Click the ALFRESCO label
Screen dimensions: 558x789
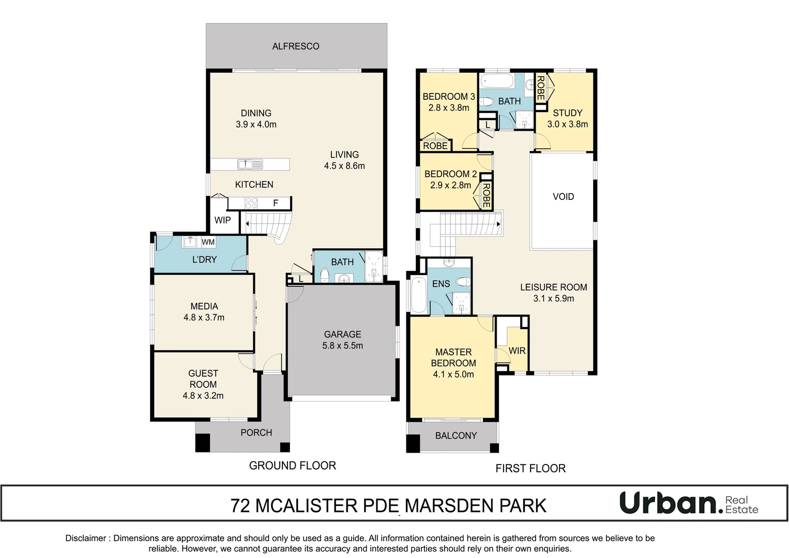296,47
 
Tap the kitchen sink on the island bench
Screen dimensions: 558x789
250,164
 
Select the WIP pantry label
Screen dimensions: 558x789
223,220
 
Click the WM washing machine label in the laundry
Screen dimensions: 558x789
208,242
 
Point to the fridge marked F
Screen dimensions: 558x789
276,204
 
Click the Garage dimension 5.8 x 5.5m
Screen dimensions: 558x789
342,346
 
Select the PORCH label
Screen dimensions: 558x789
256,432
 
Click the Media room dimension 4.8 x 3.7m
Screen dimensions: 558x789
204,318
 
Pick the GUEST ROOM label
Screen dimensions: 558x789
203,379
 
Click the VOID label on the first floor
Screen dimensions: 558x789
563,196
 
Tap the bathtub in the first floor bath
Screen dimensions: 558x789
496,82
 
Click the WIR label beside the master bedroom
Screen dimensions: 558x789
517,351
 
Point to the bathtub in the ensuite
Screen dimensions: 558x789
417,295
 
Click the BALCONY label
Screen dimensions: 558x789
456,436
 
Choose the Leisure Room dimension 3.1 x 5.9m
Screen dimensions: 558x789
553,299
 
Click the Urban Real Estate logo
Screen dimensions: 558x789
688,503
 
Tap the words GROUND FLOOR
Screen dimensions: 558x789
292,466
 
